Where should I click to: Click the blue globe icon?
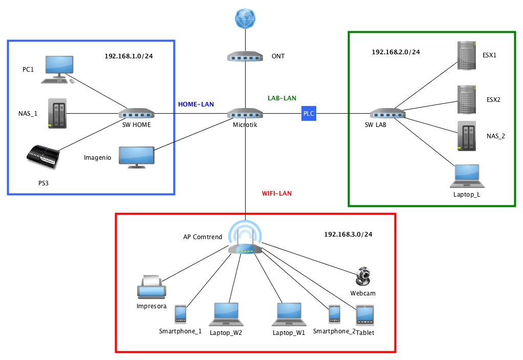pos(245,18)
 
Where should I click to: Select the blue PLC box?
pos(309,113)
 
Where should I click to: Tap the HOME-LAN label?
pos(196,104)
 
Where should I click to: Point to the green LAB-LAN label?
pos(282,98)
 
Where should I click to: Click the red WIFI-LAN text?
pos(277,194)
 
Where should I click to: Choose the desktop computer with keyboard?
pos(58,69)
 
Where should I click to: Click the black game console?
pos(43,156)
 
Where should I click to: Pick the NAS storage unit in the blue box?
pos(57,113)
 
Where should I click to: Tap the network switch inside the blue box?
pos(137,113)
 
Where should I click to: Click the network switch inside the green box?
pos(388,113)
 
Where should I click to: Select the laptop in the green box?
pos(467,176)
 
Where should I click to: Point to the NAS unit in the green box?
pos(466,136)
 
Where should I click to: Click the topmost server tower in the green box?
pos(466,55)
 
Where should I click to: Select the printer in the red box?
pos(151,287)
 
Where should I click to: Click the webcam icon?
pos(363,277)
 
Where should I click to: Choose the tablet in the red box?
pos(365,315)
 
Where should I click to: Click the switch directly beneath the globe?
pos(245,56)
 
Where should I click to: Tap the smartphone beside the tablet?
pos(334,314)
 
